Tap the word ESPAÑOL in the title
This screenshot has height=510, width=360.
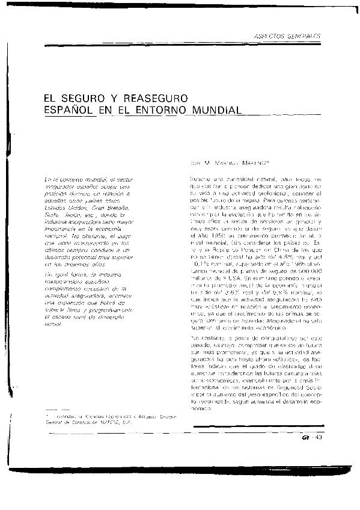tap(69, 110)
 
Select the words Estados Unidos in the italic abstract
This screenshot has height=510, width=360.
tap(67, 206)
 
